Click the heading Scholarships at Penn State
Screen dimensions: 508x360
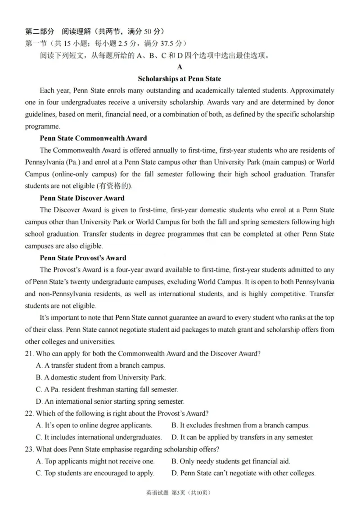[180, 79]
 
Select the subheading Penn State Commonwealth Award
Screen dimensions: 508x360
[93, 138]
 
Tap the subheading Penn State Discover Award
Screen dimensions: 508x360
[82, 198]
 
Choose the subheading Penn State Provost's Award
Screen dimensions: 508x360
[83, 258]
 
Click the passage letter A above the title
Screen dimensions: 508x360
[180, 67]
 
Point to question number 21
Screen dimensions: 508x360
[29, 353]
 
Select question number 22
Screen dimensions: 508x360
[29, 413]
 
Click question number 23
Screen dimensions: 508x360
[29, 449]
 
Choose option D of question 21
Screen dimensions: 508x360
[110, 401]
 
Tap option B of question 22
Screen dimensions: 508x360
[241, 425]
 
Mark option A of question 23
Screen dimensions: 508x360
[95, 461]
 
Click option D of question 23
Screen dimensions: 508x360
[243, 473]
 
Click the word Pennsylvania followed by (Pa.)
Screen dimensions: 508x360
[45, 162]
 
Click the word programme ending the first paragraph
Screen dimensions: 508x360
[42, 126]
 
